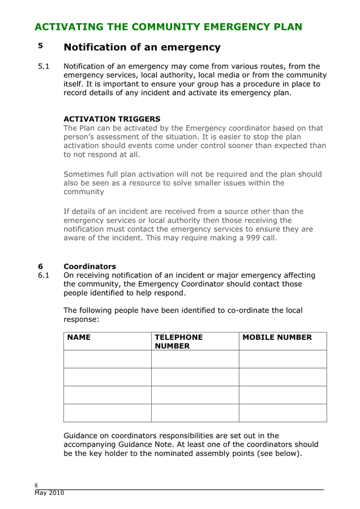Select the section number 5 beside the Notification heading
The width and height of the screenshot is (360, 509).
pos(40,46)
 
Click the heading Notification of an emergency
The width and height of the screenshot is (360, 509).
pos(142,47)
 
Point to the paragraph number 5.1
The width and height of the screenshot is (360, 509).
pos(44,67)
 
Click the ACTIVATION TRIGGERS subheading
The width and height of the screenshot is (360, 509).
pos(112,119)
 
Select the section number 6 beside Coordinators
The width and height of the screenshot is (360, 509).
pos(40,266)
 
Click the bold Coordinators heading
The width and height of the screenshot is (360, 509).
pos(89,266)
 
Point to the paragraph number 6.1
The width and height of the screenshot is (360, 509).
pos(44,275)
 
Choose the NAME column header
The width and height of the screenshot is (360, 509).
pos(79,338)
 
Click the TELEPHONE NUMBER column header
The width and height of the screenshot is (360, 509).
pos(178,342)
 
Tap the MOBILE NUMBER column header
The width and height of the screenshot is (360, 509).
pos(277,338)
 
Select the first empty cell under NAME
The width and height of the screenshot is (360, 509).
pos(108,359)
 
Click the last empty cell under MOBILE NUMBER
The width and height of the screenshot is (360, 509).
pos(282,413)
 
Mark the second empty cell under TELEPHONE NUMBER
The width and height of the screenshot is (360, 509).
pos(195,377)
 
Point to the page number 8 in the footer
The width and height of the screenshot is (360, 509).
pos(36,485)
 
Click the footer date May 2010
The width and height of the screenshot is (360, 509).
pos(49,493)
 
